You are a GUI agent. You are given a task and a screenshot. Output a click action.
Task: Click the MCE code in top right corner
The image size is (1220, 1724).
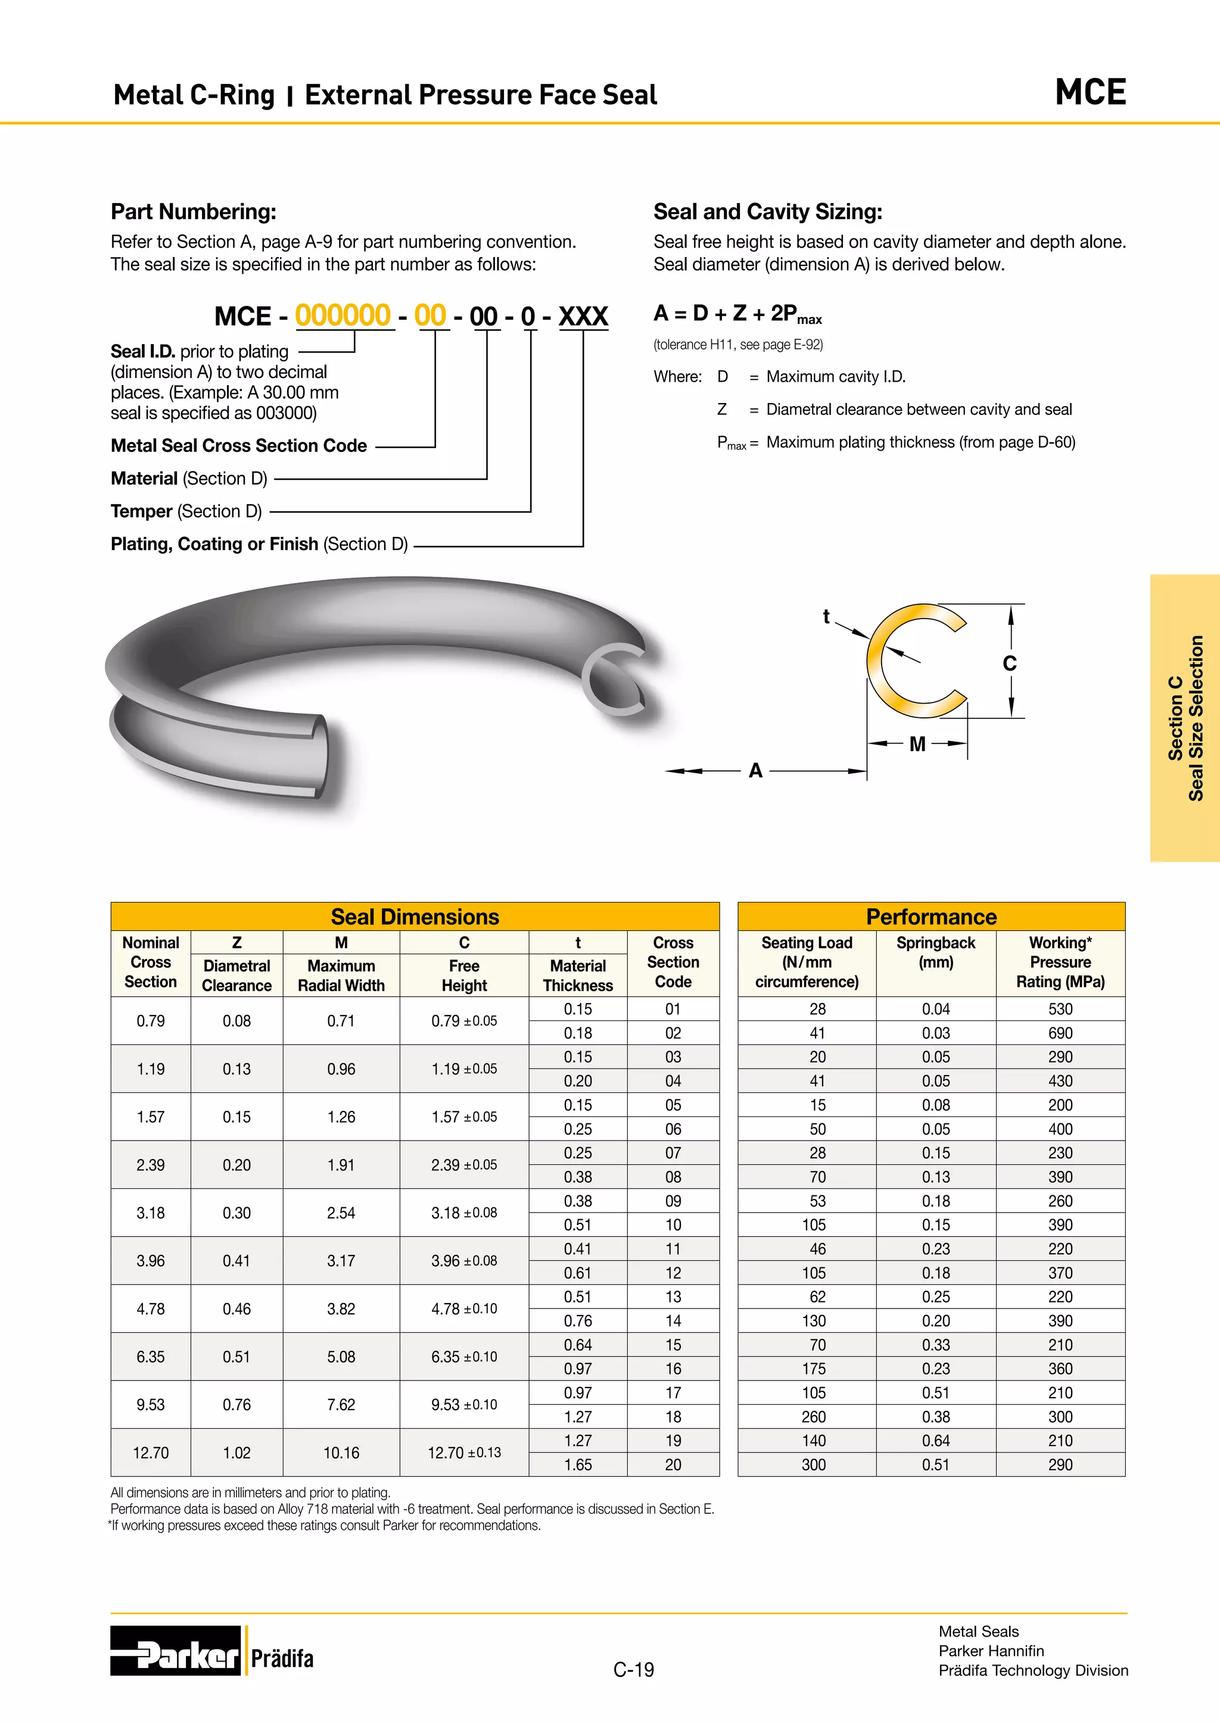pos(1090,92)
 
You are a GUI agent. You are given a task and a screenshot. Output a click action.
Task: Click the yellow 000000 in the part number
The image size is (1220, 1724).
pos(343,316)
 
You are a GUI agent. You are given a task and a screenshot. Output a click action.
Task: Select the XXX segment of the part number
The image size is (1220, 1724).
pos(583,316)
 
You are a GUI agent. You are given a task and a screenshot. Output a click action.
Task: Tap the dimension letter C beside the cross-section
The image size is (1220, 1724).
pos(1009,664)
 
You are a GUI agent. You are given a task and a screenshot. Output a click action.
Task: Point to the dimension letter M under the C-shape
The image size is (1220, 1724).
pos(917,744)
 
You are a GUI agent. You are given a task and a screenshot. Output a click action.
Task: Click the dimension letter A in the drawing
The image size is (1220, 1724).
pos(756,770)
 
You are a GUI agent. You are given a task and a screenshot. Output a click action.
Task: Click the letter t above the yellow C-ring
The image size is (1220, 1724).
pos(826,617)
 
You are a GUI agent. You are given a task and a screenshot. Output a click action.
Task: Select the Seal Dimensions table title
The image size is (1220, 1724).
pos(415,917)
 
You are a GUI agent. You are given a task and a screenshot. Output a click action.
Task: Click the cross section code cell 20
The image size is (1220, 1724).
pos(673,1464)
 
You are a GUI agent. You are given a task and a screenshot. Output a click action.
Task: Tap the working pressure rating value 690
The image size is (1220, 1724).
pos(1060,1033)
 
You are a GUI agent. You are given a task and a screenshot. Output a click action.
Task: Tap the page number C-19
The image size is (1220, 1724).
pos(633,1670)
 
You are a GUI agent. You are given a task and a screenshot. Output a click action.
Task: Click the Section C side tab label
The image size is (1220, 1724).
pos(1185,718)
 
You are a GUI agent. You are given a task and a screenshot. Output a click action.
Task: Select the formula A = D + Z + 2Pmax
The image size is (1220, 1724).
pos(737,314)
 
